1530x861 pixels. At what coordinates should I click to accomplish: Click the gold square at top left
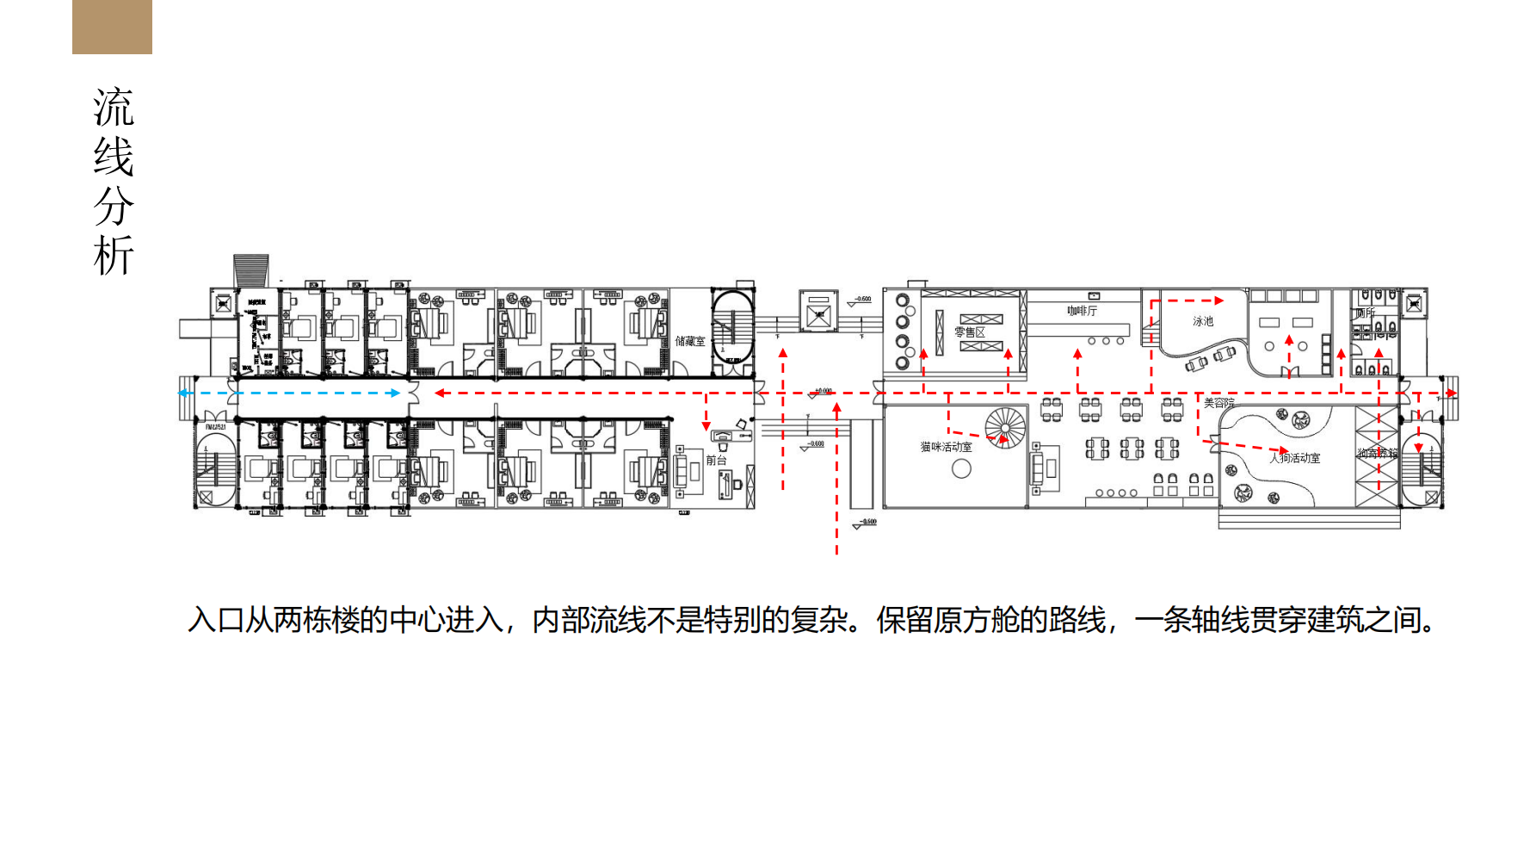click(112, 27)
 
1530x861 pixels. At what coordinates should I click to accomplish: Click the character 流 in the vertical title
click(114, 108)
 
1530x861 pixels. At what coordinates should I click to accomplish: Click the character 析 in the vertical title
click(114, 256)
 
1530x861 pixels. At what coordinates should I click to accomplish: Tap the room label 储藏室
click(689, 342)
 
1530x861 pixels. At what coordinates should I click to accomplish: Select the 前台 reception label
click(716, 461)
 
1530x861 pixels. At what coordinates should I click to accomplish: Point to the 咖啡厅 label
click(1082, 311)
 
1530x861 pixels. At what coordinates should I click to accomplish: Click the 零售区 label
click(969, 332)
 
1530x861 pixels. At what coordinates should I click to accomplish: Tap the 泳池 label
click(1202, 321)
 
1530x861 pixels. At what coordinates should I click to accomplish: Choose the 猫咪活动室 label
click(946, 447)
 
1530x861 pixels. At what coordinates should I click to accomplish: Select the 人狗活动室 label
click(1295, 458)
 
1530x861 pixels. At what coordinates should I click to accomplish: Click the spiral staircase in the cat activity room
click(1005, 427)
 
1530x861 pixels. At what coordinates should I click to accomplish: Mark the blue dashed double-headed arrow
click(289, 393)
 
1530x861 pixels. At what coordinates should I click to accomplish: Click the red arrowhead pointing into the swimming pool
click(1219, 300)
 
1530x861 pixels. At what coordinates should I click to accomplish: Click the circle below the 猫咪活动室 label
click(961, 469)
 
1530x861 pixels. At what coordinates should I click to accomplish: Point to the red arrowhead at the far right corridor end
click(1452, 393)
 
